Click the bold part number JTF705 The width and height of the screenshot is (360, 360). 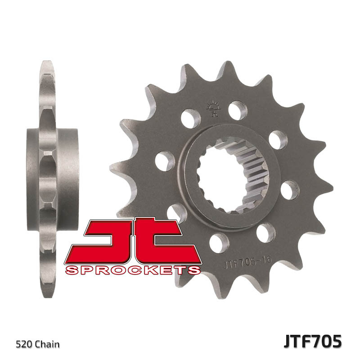click(312, 341)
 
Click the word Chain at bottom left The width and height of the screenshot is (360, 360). click(47, 345)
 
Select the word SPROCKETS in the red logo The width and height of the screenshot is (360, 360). click(133, 270)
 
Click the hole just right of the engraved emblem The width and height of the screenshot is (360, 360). click(238, 110)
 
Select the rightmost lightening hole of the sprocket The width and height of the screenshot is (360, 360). click(290, 190)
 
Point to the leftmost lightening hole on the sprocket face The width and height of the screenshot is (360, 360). click(165, 161)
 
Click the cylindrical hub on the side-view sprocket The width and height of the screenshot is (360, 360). click(52, 167)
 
